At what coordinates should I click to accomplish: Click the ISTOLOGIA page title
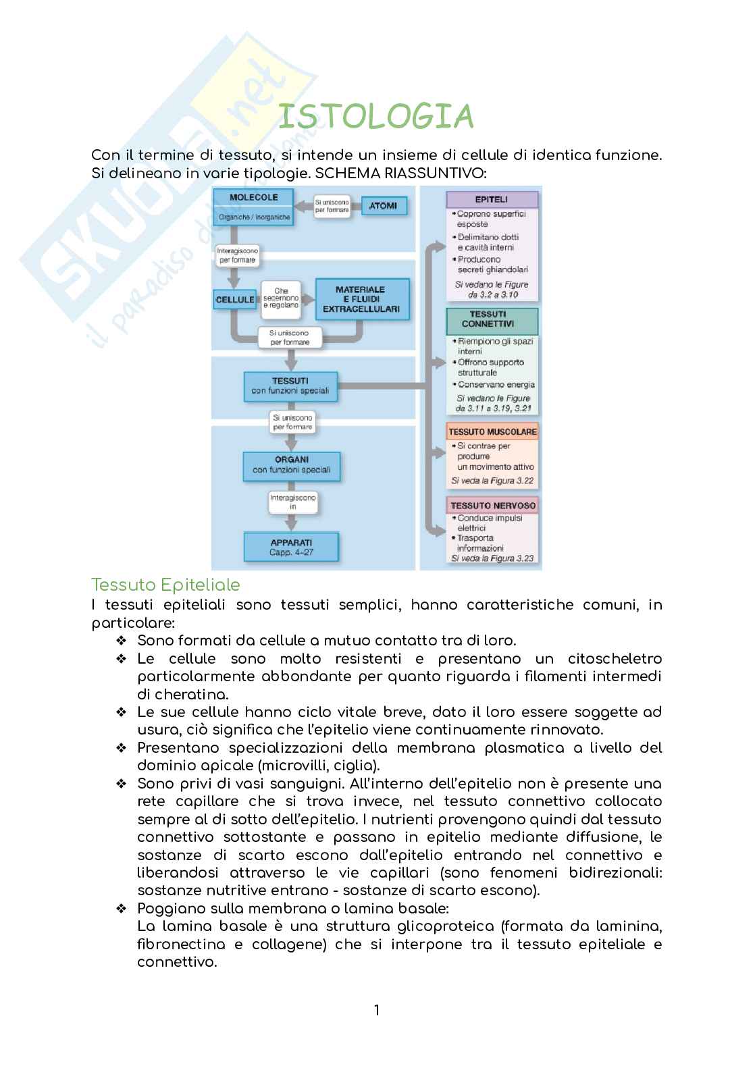pos(375,117)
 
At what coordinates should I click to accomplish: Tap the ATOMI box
pos(383,206)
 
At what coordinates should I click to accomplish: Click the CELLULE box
pos(235,299)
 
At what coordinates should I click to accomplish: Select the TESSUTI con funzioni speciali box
pos(290,385)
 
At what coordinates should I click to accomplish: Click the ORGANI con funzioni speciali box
pos(291,464)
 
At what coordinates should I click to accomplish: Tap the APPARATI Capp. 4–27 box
pos(291,547)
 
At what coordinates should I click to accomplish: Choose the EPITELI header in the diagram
pos(492,200)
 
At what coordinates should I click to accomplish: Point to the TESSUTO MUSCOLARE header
pos(492,431)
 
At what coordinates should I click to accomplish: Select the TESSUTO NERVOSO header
pos(492,505)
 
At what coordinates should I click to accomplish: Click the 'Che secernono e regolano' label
pos(281,299)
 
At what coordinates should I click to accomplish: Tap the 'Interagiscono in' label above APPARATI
pos(292,502)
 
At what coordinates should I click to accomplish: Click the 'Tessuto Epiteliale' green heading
pos(165,585)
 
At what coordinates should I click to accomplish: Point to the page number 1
pos(377,1011)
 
